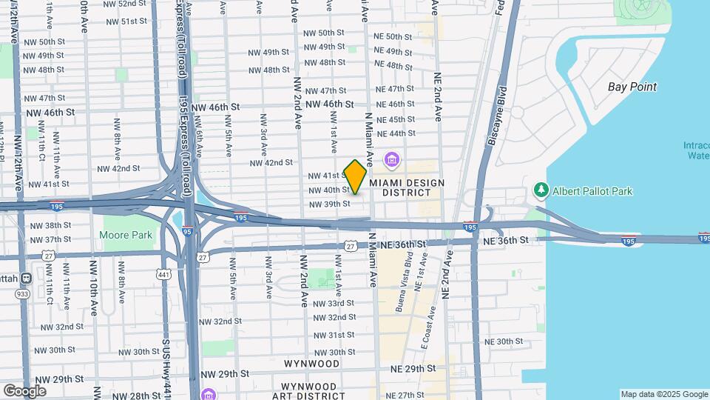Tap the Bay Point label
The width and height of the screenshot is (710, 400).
click(x=632, y=87)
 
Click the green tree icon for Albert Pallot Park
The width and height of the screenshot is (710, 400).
click(x=541, y=191)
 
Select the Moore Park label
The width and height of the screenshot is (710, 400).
click(x=126, y=236)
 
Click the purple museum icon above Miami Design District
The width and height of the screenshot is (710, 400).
click(x=391, y=159)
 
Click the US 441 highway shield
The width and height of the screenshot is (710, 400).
click(x=164, y=274)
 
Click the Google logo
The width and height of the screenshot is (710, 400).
click(x=24, y=390)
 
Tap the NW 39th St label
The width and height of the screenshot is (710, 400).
click(x=329, y=204)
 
